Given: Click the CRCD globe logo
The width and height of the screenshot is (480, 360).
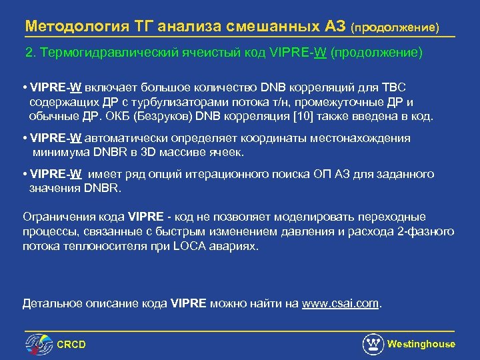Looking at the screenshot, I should (39, 344).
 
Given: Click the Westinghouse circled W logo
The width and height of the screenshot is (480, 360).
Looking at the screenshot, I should (373, 344).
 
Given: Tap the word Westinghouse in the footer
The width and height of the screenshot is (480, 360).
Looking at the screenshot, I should (421, 344).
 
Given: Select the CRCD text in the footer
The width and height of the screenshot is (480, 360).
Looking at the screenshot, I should (71, 345).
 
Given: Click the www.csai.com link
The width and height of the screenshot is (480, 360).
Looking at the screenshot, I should (340, 304).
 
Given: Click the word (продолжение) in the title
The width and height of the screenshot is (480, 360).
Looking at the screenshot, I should (395, 27).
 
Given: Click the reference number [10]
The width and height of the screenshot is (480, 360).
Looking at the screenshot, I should (304, 115).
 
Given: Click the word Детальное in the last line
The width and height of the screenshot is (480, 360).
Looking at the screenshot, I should (51, 304).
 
